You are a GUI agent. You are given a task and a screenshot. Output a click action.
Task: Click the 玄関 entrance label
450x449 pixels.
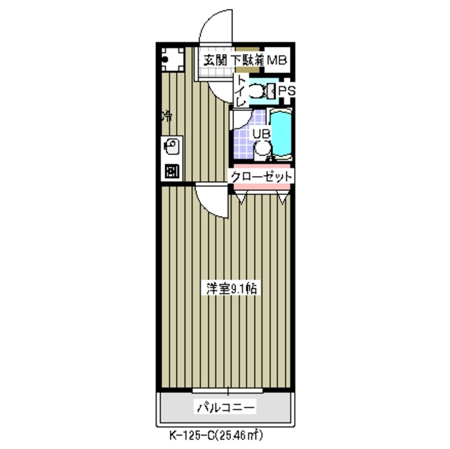216,61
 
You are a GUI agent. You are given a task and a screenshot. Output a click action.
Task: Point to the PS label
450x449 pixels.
286,91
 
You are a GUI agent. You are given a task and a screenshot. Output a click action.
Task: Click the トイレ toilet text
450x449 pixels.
240,91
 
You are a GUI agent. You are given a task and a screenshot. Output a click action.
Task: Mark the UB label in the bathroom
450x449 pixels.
260,133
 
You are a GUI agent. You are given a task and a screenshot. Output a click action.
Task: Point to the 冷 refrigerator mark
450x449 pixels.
167,116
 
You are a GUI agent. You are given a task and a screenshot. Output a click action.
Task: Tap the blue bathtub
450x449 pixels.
282,135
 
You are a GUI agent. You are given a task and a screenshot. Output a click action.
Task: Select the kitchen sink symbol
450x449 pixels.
171,148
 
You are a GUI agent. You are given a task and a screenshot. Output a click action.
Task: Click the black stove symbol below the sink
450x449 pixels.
171,170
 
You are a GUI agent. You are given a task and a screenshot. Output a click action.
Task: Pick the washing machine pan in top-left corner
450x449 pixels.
169,60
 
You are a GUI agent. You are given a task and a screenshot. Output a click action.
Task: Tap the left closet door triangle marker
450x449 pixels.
241,199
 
